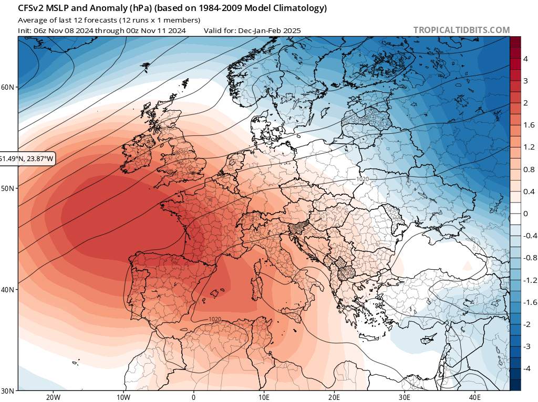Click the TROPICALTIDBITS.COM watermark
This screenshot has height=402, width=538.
[x=461, y=30]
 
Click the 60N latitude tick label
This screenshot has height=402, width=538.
[x=8, y=87]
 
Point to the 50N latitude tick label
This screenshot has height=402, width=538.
[x=8, y=188]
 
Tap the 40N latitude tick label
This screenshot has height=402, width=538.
[x=8, y=290]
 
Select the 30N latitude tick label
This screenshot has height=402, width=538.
[x=8, y=390]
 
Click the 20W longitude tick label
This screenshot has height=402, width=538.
[x=53, y=396]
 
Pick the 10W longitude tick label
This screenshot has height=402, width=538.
[x=123, y=396]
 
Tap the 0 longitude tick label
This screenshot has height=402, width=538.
[x=194, y=396]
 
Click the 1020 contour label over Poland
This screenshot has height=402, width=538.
[x=361, y=179]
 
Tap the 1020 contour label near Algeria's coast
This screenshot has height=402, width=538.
[x=214, y=319]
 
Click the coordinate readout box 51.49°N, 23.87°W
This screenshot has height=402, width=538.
[x=26, y=158]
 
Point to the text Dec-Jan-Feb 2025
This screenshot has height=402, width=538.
[x=269, y=30]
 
